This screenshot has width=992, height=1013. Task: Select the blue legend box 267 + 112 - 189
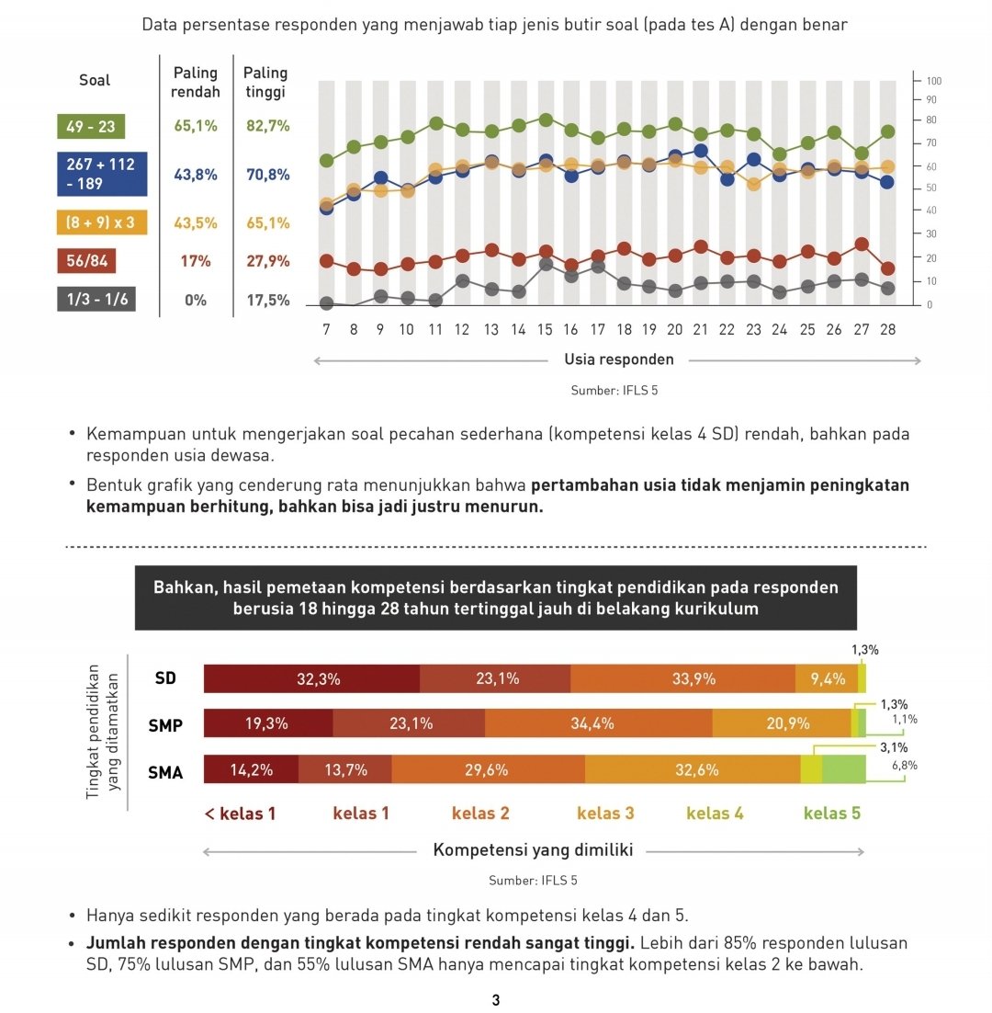100,174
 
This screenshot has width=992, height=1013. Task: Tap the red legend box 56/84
86,261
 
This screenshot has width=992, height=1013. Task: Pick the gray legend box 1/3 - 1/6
96,300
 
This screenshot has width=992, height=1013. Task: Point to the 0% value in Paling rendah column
195,300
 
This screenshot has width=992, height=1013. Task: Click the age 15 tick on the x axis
546,329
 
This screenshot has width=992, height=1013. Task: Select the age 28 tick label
887,329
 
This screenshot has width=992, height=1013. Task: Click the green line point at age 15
546,120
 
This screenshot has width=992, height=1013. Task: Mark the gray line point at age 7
326,303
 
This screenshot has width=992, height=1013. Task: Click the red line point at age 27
861,245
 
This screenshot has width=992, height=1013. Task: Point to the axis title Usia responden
618,359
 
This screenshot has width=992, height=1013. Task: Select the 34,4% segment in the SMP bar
598,723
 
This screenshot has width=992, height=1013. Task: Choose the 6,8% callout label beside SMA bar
904,765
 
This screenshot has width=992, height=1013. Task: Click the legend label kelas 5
831,813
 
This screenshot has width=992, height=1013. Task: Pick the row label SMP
165,725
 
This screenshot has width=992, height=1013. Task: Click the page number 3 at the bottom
496,1000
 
